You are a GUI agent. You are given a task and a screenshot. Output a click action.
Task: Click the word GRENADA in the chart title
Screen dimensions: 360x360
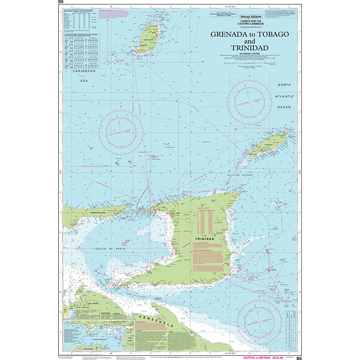click(227, 33)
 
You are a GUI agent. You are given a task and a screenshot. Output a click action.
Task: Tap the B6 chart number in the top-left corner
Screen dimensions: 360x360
click(61, 3)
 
